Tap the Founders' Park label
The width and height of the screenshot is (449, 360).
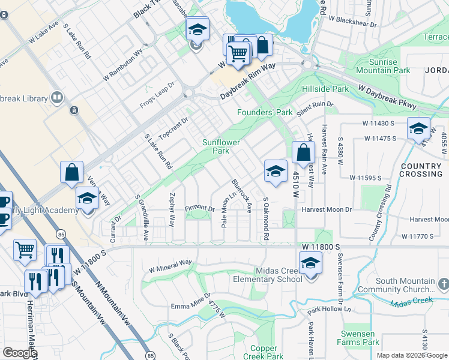(x=265, y=112)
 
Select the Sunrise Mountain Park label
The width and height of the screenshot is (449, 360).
(x=383, y=66)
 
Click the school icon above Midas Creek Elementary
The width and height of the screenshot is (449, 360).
(x=310, y=262)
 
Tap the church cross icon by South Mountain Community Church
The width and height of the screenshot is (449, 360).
(x=443, y=282)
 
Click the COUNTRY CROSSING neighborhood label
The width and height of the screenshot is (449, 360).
(x=421, y=170)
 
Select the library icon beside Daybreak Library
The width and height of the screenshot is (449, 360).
(x=57, y=97)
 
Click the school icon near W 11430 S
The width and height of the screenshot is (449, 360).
(x=418, y=128)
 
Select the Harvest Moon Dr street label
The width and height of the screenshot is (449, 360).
(x=326, y=209)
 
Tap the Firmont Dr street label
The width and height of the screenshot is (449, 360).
(x=199, y=209)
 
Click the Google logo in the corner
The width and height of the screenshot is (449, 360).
(x=19, y=353)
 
